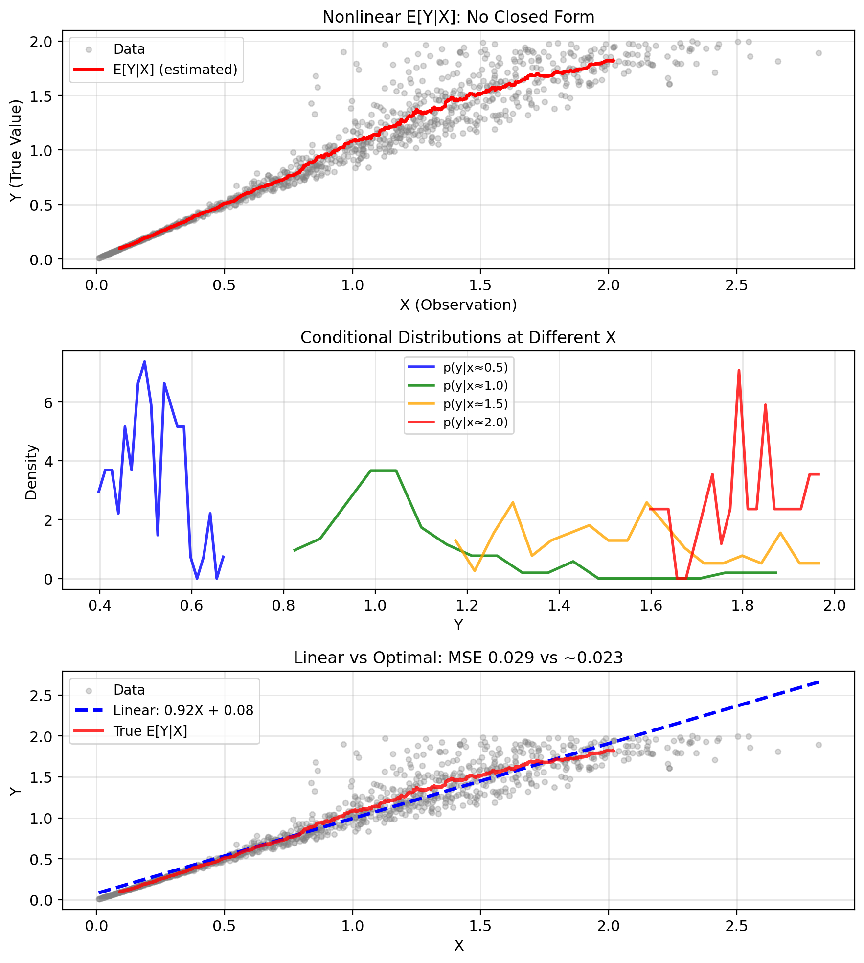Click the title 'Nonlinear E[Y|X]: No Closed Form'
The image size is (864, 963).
pos(458,17)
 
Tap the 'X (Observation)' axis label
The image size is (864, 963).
pos(458,305)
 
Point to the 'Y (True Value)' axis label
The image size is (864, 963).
pos(17,150)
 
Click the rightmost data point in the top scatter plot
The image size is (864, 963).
pos(819,53)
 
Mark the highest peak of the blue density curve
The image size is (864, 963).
pos(144,362)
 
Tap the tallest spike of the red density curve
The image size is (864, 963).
pos(739,370)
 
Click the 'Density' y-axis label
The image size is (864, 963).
pos(31,472)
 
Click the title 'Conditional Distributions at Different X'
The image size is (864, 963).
pos(458,338)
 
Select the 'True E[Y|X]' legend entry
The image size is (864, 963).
pos(150,731)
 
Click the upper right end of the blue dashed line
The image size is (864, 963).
pos(819,681)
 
